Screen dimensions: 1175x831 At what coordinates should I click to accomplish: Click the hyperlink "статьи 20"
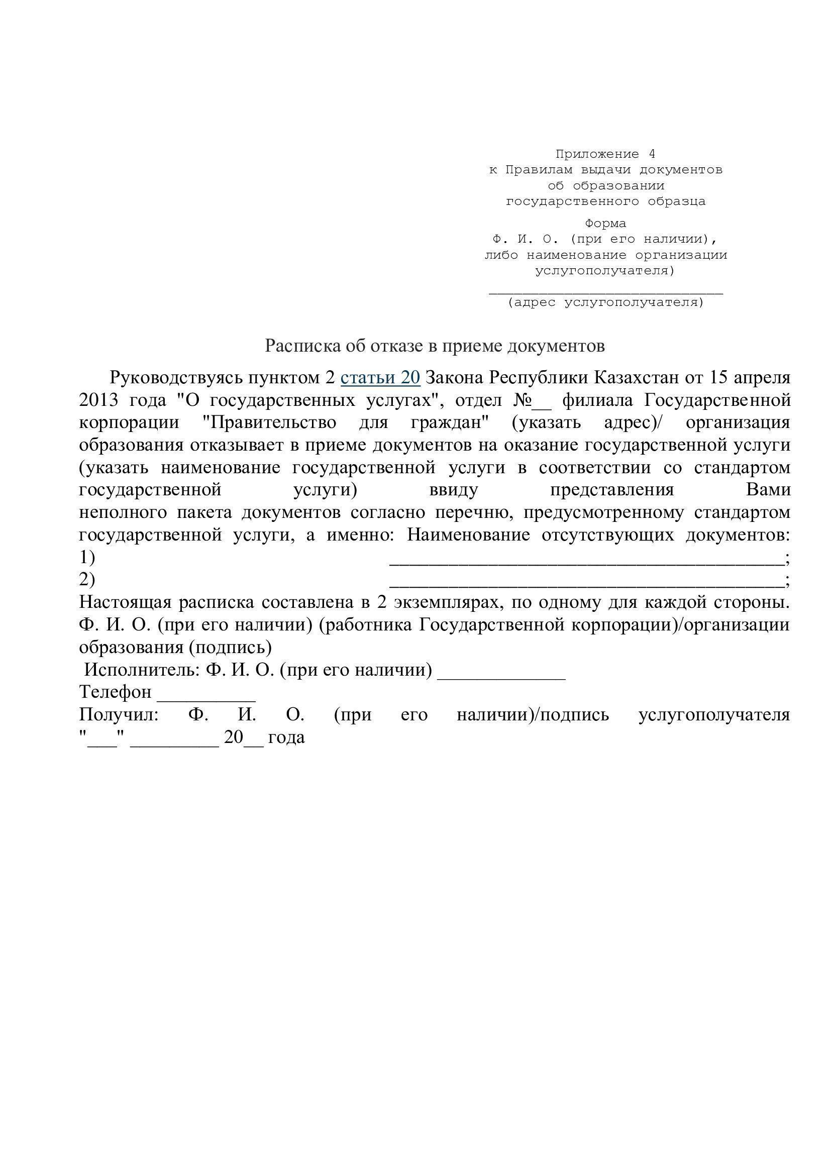[x=380, y=378]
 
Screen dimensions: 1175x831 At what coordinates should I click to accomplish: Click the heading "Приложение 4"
[x=605, y=154]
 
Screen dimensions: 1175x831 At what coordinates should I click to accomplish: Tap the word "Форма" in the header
[x=605, y=224]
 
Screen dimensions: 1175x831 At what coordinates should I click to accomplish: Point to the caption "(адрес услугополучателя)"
[x=606, y=302]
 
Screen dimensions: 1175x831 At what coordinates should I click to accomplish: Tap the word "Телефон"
[x=116, y=692]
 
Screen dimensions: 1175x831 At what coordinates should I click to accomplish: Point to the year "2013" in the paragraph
[x=98, y=400]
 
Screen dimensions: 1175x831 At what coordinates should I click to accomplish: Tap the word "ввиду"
[x=453, y=490]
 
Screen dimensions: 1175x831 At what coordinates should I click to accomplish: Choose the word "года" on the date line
[x=286, y=737]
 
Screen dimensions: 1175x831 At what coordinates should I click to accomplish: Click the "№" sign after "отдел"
[x=522, y=400]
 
